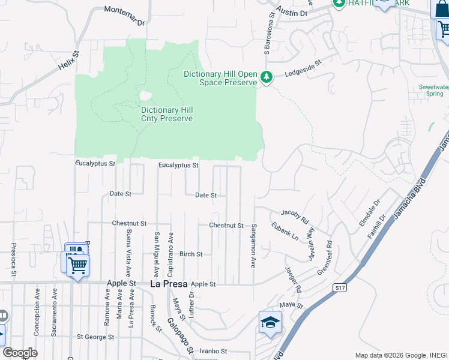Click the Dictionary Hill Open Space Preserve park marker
pos(267,77)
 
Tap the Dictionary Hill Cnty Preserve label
pos(167,114)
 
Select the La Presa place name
pos(167,284)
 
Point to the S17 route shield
pos(340,289)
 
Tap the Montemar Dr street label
pos(125,16)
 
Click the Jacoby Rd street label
pos(294,214)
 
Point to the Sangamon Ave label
pos(254,245)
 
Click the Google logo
pos(20,353)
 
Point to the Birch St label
pos(191,254)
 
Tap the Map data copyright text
pos(400,355)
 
